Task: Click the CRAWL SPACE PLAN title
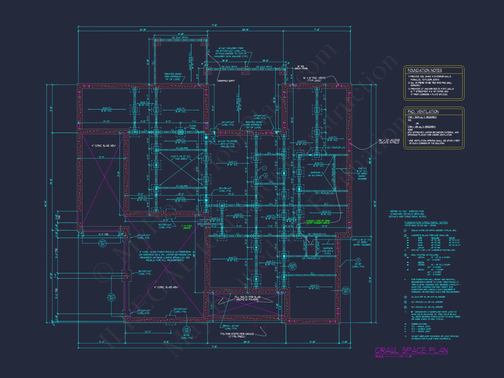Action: coord(411,350)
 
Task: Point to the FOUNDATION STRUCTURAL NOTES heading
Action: coord(426,223)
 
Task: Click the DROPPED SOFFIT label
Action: coord(226,81)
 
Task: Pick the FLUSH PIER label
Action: coord(193,127)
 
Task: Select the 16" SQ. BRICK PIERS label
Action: coord(301,67)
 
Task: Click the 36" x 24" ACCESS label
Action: coord(389,141)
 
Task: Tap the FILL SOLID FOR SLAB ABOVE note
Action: coord(247,298)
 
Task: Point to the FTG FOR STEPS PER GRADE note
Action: coord(237,335)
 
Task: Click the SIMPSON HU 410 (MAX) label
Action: coord(315,174)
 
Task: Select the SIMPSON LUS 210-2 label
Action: coord(328,251)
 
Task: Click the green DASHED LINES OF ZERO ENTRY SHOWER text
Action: coord(318,222)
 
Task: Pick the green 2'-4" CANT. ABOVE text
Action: coord(187,227)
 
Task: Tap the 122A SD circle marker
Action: coord(292,266)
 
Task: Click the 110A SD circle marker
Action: coord(345,290)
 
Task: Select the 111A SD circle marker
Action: coord(186,330)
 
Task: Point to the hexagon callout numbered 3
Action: coord(358,260)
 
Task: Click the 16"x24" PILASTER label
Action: coord(228,144)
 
